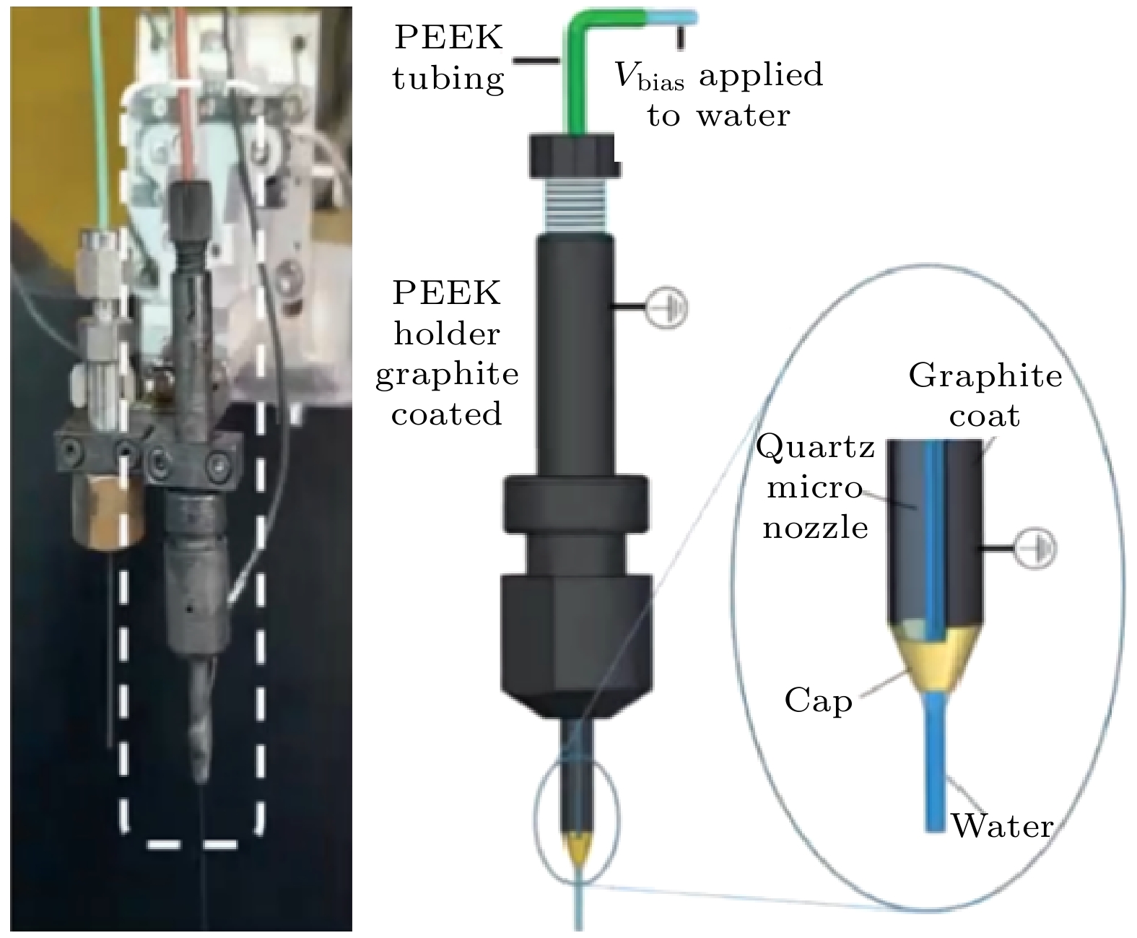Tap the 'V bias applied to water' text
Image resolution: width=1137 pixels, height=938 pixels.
point(718,95)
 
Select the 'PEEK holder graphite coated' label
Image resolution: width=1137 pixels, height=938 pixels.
point(447,354)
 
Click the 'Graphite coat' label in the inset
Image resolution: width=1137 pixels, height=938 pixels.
point(985,395)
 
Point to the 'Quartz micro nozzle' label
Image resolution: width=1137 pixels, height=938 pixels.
point(816,487)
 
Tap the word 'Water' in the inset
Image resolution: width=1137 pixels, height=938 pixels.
point(1002,825)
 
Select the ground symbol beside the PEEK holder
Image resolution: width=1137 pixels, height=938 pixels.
point(666,308)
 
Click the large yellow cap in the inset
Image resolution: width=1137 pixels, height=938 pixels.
point(936,658)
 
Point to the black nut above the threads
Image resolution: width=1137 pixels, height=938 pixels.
point(574,156)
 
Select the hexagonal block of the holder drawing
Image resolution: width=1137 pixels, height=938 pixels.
point(578,635)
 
